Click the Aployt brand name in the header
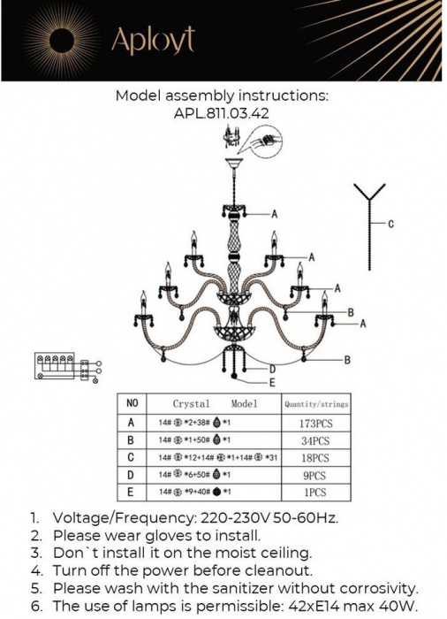point(151,39)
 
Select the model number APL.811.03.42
point(222,113)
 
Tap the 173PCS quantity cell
point(314,424)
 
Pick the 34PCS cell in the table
point(314,440)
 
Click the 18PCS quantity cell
point(314,458)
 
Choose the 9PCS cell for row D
point(314,475)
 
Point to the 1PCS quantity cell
point(314,492)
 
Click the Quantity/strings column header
point(315,404)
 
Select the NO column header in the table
point(133,403)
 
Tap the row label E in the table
point(132,492)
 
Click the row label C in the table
point(132,458)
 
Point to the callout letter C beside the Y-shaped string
point(390,225)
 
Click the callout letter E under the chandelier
point(271,383)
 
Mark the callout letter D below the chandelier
point(273,369)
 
